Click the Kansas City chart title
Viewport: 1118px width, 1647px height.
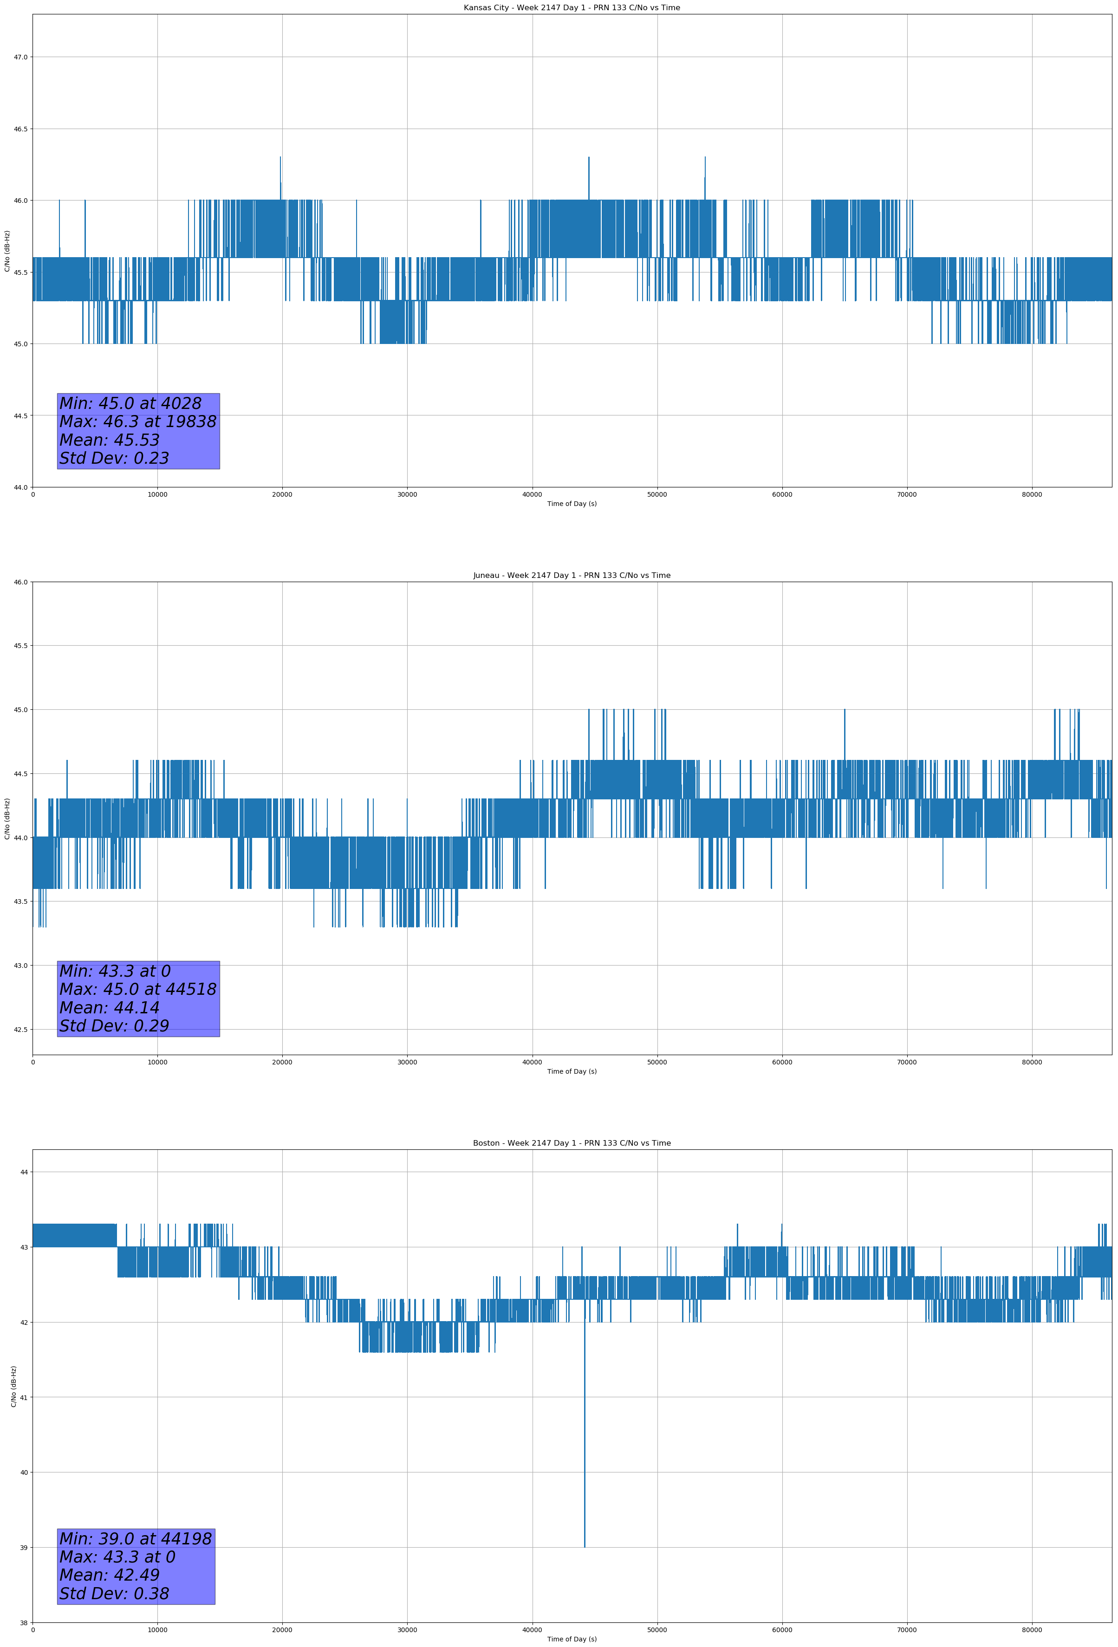(572, 8)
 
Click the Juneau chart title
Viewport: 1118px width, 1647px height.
(572, 576)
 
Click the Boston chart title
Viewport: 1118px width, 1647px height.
(572, 1143)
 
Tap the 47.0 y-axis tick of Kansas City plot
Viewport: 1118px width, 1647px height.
(20, 58)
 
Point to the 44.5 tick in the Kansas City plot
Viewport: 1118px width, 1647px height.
(20, 416)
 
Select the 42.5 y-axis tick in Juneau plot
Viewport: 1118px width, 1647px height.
(20, 1030)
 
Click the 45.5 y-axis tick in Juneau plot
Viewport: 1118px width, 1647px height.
(20, 646)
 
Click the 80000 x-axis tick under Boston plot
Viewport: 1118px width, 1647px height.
(1032, 1629)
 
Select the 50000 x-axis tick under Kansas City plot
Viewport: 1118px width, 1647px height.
(657, 495)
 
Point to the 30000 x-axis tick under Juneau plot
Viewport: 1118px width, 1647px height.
(407, 1062)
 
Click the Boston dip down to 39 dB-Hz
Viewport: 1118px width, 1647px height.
(584, 1538)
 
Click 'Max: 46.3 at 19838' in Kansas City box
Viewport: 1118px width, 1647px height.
(137, 421)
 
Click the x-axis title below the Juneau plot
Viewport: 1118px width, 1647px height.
(572, 1071)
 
